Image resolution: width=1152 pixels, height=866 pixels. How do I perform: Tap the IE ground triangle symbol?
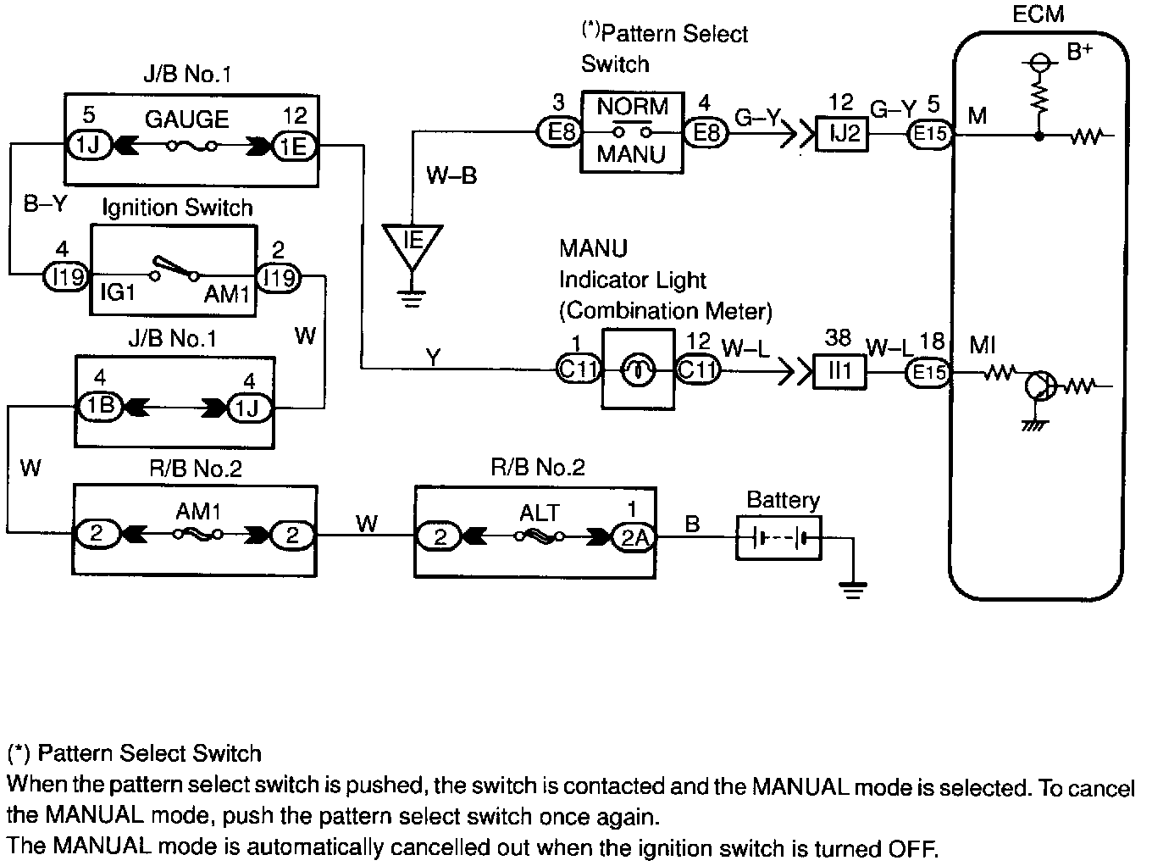coord(413,242)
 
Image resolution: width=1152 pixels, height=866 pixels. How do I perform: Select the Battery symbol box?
coord(778,537)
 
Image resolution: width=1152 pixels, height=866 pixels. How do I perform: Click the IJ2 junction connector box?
coord(841,133)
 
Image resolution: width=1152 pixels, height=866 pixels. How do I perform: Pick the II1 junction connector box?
coord(839,371)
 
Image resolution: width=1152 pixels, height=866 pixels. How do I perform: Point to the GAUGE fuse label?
coord(186,119)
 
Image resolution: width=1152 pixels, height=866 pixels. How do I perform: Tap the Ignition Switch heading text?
coord(177,208)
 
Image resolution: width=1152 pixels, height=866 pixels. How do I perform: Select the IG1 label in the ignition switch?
coord(118,293)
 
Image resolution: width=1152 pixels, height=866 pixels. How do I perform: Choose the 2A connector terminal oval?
coord(634,537)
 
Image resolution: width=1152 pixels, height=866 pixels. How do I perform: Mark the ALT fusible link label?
coord(540,513)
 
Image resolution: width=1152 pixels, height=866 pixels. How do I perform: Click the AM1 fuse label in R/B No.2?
coord(197,512)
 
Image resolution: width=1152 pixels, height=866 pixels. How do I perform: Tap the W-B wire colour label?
coord(451,175)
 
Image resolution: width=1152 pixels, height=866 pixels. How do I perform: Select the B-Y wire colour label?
coord(44,204)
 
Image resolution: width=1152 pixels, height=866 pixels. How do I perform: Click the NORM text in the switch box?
coord(632,107)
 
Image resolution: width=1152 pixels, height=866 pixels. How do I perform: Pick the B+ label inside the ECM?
coord(1079,53)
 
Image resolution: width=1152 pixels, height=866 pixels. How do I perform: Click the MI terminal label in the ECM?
coord(983,345)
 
